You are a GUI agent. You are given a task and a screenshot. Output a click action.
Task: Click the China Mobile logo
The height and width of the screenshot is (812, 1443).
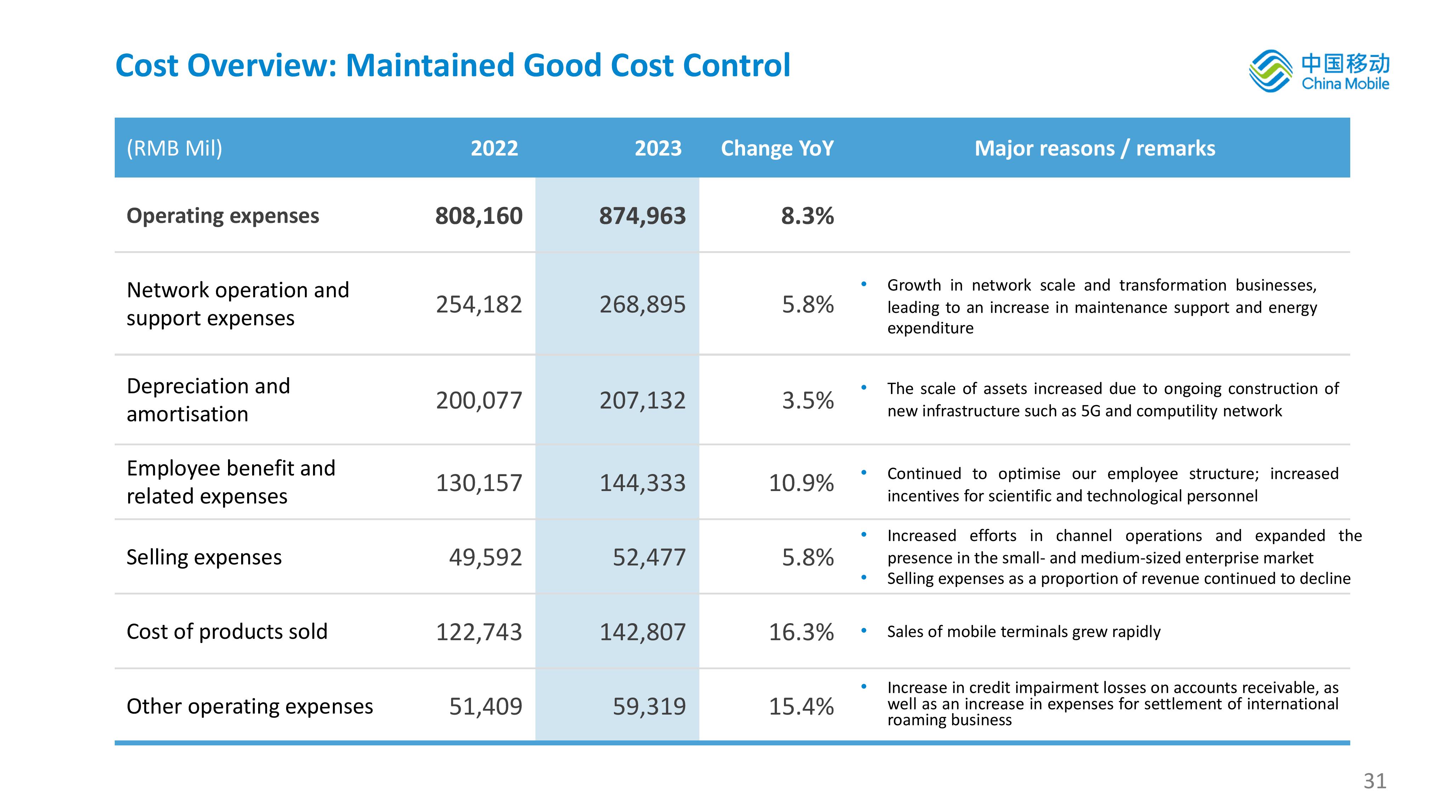1319,71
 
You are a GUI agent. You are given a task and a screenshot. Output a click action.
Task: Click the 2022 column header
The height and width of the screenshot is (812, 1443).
494,148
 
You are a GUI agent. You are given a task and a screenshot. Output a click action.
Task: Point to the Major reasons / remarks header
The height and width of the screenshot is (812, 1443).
1095,148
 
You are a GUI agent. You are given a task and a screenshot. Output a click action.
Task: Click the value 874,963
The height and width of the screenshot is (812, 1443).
642,216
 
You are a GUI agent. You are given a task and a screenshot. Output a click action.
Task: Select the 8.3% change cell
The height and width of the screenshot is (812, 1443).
807,216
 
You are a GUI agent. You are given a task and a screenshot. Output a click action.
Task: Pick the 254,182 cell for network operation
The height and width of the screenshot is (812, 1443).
479,304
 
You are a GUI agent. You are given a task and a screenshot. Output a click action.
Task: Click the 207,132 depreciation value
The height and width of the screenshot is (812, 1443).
642,400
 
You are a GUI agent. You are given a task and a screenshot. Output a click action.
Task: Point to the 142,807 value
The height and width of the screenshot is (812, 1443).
642,632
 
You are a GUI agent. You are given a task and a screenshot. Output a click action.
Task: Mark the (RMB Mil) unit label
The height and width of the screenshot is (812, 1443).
174,148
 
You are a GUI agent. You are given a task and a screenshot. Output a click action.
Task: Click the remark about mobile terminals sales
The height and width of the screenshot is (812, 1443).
1023,632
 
